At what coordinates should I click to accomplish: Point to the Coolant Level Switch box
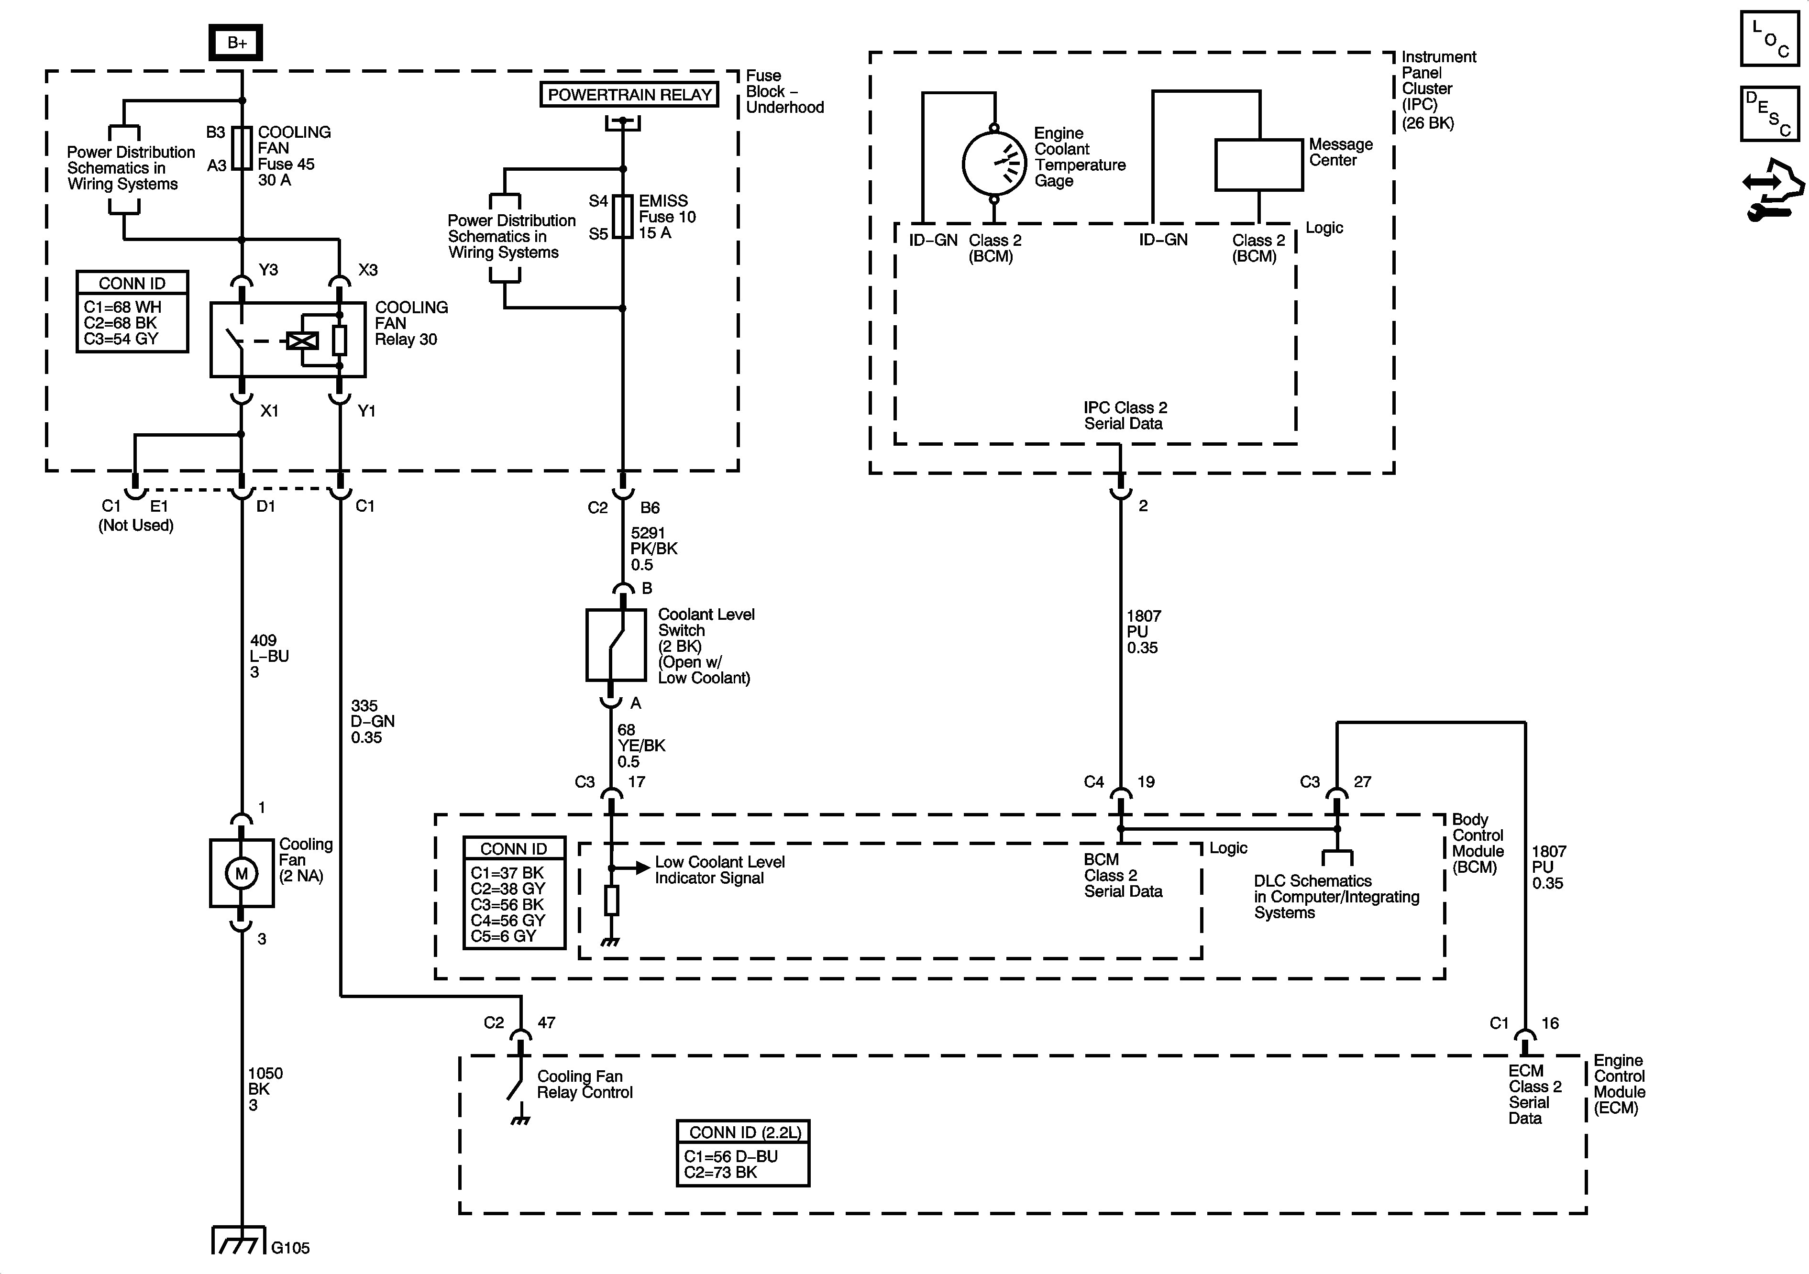coord(615,645)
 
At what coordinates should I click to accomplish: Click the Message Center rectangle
coord(1258,165)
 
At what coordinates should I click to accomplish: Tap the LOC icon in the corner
coord(1770,38)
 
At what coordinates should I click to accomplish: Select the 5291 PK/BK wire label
coord(653,549)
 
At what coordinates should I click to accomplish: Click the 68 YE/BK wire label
coord(640,746)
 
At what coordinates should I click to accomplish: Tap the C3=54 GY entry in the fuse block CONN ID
coord(121,339)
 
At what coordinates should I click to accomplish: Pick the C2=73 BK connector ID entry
coord(720,1172)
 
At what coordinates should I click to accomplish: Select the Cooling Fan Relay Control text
coord(585,1084)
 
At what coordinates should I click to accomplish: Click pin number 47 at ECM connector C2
coord(546,1022)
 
